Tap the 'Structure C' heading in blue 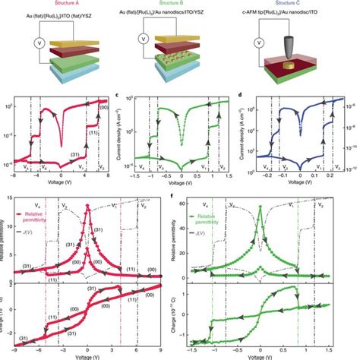point(296,5)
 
